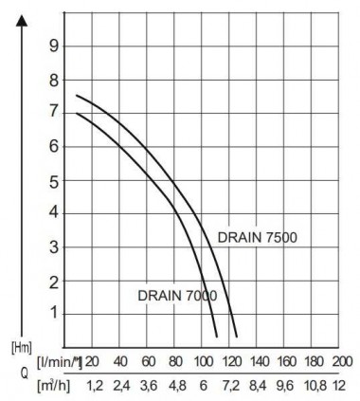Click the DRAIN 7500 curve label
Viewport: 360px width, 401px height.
(259, 237)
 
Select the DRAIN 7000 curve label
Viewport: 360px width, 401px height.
(176, 295)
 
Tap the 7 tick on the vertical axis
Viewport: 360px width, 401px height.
(54, 113)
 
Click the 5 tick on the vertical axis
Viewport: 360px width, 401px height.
(54, 180)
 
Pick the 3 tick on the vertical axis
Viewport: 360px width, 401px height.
(54, 246)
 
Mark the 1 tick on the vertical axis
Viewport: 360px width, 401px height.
(54, 313)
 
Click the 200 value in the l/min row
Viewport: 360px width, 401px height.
(342, 361)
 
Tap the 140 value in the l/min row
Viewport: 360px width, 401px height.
(259, 361)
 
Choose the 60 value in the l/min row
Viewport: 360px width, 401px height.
(148, 361)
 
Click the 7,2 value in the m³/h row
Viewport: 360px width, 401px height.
(230, 385)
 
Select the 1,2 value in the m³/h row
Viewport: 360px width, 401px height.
(94, 385)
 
